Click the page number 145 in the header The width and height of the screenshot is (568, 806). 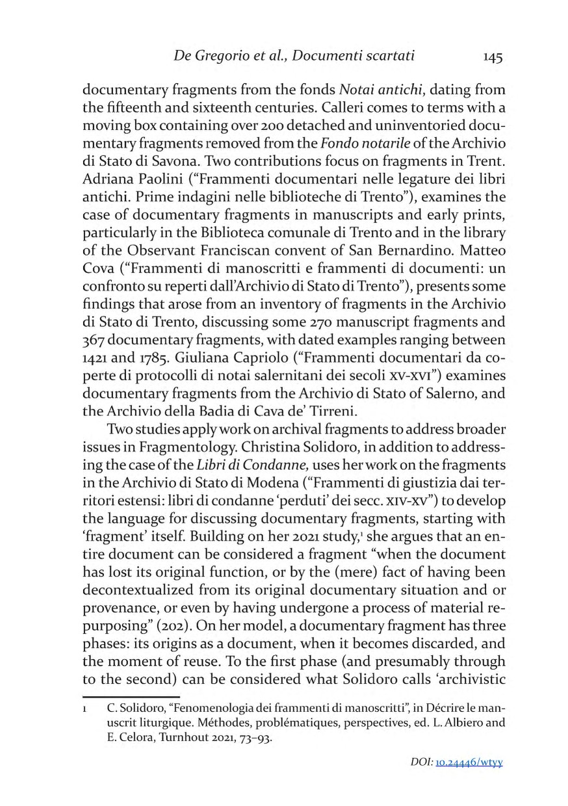click(x=493, y=57)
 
